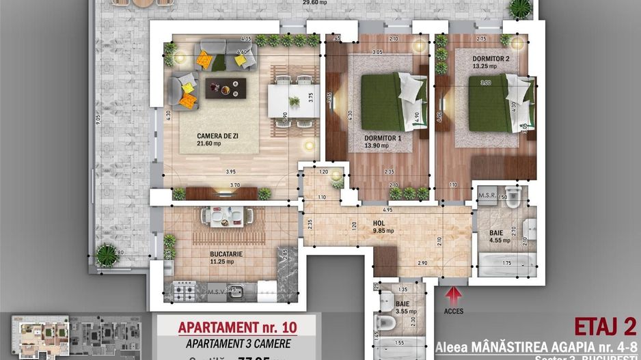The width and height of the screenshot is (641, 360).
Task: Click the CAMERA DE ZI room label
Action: (x=199, y=135)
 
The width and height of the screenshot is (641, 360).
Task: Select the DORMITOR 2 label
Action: (x=491, y=59)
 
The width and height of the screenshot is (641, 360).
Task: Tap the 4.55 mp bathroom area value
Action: (x=497, y=240)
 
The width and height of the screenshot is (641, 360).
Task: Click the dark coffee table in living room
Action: (x=226, y=87)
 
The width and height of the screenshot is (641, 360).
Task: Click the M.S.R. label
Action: (x=487, y=195)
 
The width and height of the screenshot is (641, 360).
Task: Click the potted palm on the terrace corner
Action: (x=106, y=254)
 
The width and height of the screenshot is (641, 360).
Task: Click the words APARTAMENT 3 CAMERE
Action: (x=234, y=344)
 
